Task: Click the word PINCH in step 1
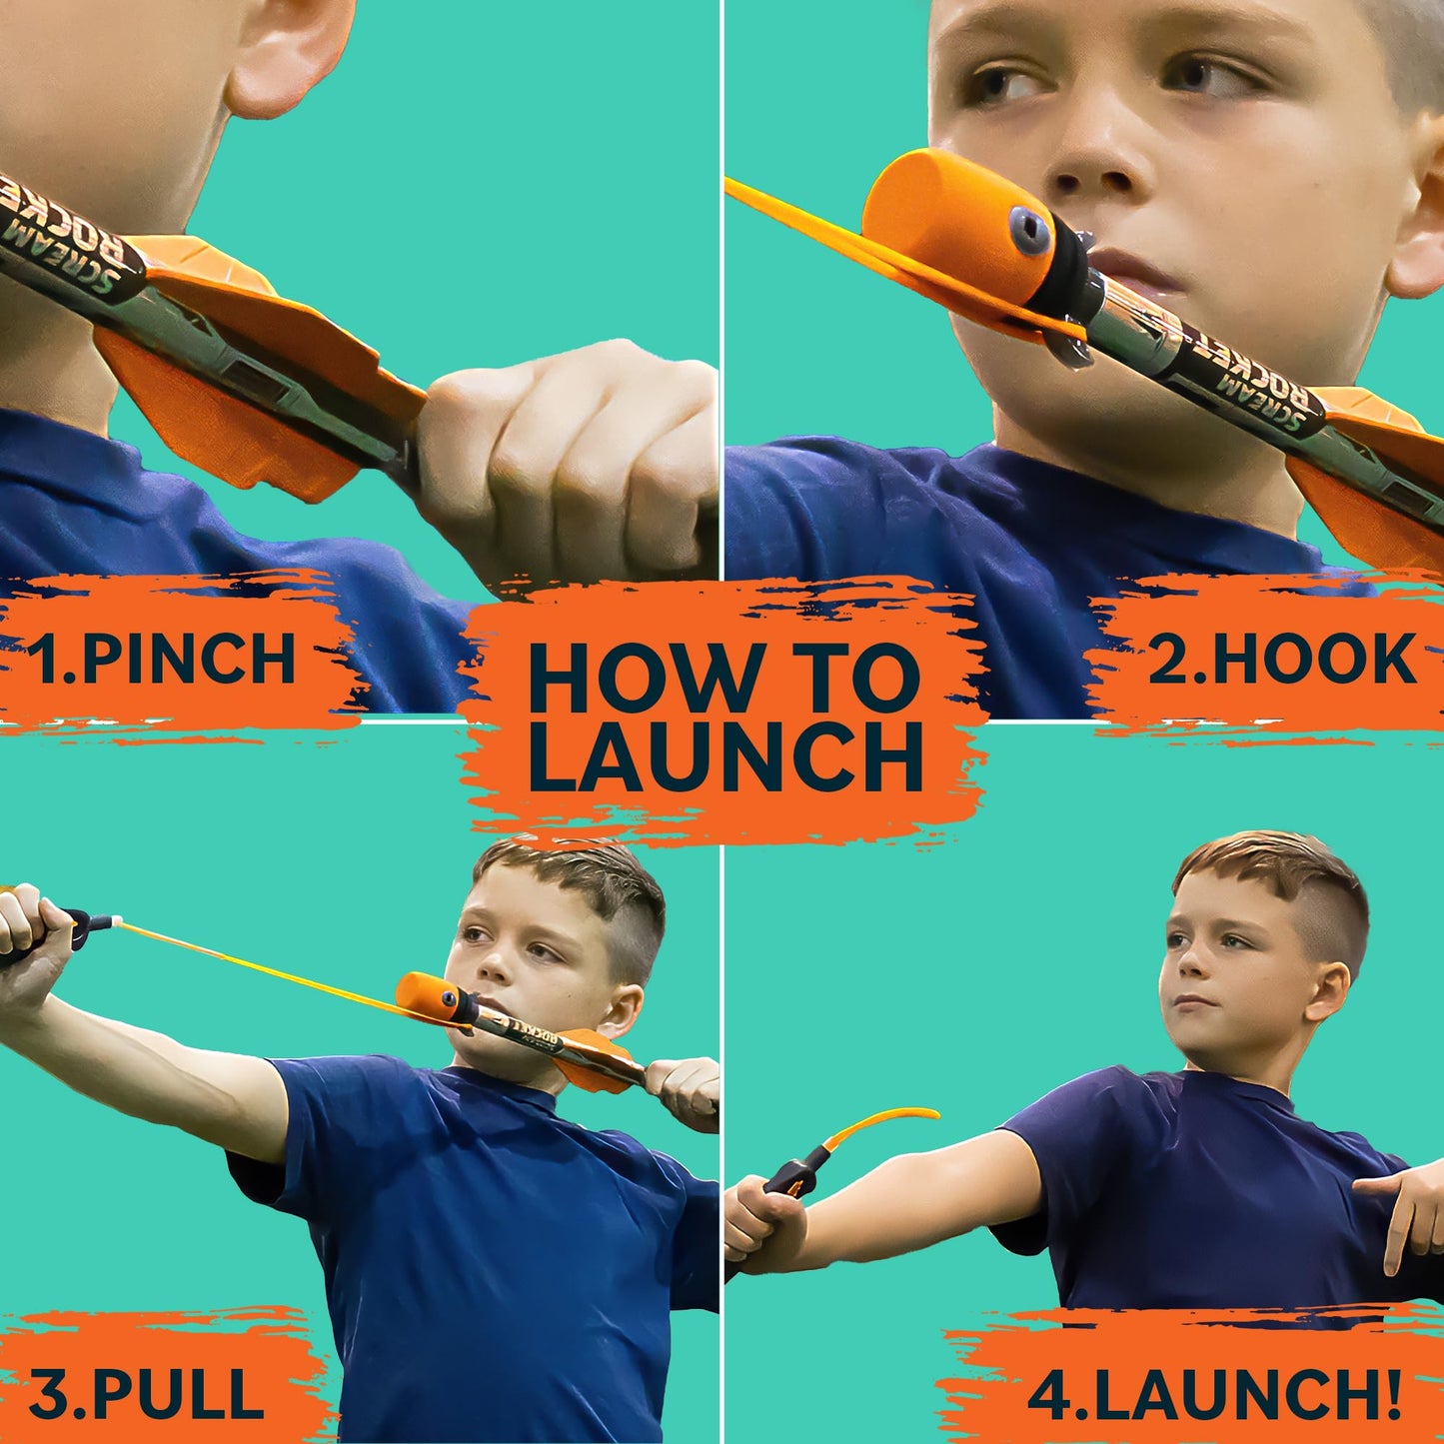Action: pyautogui.click(x=189, y=659)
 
